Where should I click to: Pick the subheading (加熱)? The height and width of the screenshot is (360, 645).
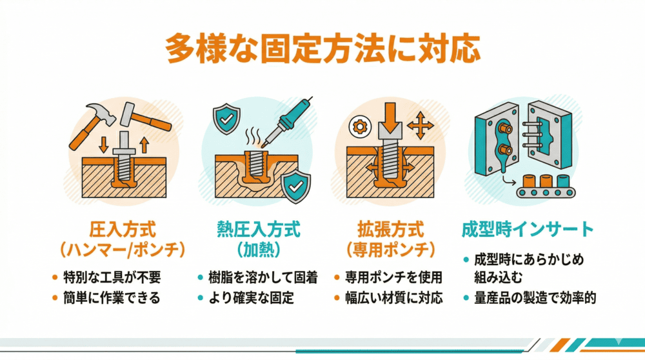coord(259,248)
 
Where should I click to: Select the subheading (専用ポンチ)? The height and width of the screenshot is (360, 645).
coord(391,248)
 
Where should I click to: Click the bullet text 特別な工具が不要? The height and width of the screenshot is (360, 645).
coord(111,278)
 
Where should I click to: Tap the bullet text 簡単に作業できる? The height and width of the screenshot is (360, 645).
coord(111,298)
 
